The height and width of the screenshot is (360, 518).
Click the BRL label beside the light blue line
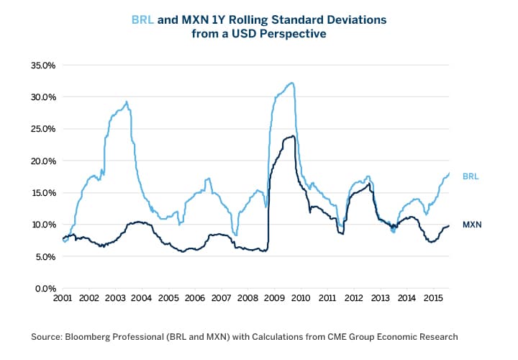click(471, 176)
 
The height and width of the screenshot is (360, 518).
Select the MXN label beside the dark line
click(471, 225)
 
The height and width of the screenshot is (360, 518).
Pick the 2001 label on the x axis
click(63, 298)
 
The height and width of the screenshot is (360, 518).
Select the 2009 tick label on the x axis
click(274, 298)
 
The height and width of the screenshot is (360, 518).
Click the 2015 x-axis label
click(432, 298)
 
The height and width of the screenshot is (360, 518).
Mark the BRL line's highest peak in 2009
click(291, 83)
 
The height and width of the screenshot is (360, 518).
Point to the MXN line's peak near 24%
click(291, 136)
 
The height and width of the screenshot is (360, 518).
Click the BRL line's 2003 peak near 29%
click(127, 102)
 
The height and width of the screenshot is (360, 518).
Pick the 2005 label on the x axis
click(168, 298)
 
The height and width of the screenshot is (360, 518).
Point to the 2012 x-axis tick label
click(353, 298)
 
